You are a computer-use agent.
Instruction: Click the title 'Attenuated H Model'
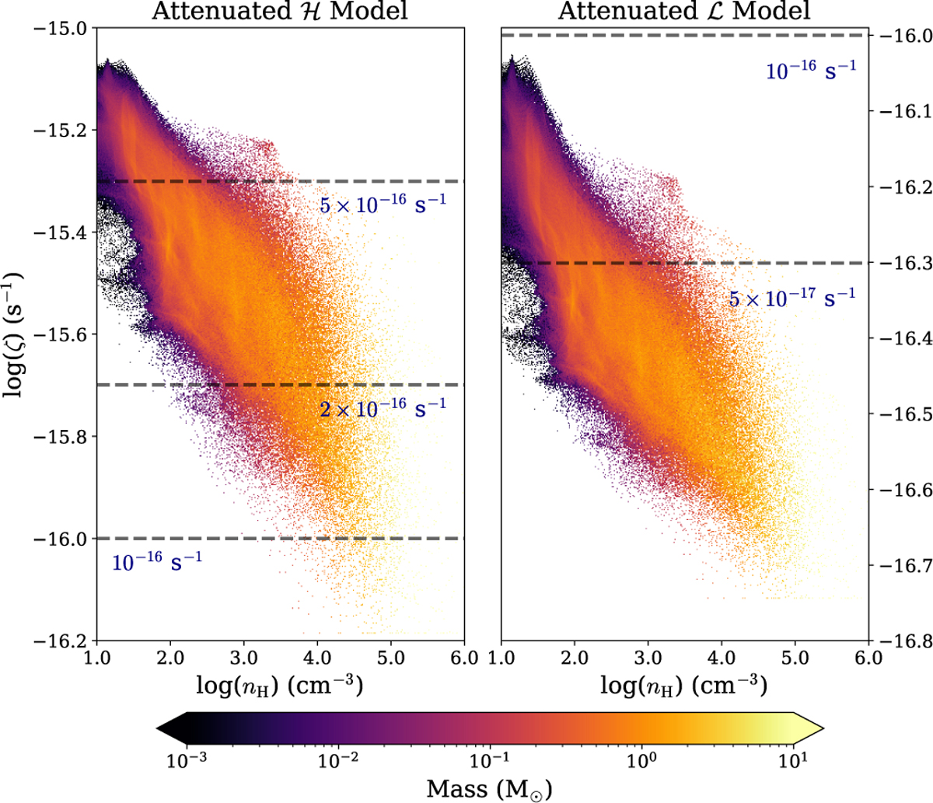pyautogui.click(x=280, y=10)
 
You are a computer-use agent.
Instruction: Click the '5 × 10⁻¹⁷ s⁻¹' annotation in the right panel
pyautogui.click(x=791, y=297)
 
